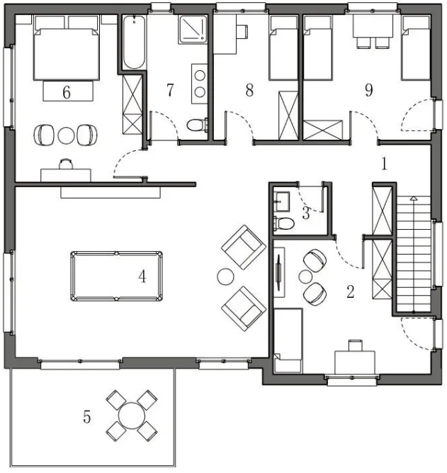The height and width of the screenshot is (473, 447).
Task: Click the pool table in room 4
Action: pos(117,276)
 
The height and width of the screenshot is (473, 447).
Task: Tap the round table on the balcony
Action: pos(132,416)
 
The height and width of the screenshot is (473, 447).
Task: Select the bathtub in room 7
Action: pos(134,43)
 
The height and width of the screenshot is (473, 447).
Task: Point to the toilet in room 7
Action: pos(198,125)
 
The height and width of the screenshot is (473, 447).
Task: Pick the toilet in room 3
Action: pos(284,223)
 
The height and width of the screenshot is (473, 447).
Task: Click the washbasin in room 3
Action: pos(281,201)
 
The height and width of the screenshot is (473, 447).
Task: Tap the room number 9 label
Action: pos(368,89)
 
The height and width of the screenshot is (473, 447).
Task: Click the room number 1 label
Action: pos(384,164)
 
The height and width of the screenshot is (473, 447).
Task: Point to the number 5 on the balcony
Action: pos(87,417)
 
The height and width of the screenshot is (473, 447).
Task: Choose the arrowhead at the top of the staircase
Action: pos(414,198)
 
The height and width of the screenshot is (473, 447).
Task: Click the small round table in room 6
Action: pos(66,135)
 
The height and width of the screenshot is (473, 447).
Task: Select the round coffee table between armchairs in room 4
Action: pos(225,277)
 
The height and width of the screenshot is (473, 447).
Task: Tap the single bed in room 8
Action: pos(283,48)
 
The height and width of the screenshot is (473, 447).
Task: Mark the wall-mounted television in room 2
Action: pos(279,273)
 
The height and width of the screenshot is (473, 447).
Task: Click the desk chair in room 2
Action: pos(356,345)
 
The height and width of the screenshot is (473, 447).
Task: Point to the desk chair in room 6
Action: pos(66,164)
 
